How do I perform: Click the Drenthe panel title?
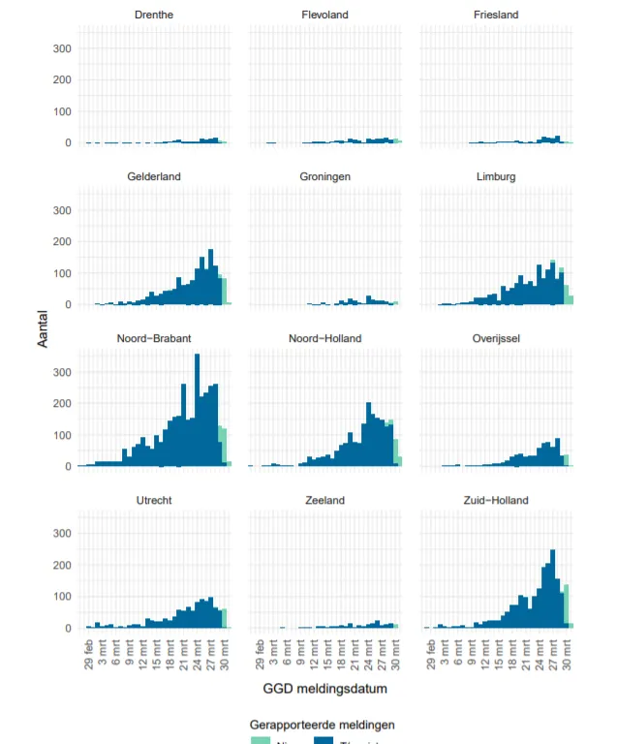(154, 15)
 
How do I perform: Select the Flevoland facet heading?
(325, 15)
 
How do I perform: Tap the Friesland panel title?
(496, 15)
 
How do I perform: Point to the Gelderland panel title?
(154, 176)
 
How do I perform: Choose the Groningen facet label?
(325, 176)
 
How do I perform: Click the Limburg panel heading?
(496, 176)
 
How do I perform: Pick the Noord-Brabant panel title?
(154, 338)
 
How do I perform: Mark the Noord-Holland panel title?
(325, 338)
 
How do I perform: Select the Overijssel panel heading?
(496, 338)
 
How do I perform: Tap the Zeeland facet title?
(325, 500)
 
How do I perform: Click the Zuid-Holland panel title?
(496, 500)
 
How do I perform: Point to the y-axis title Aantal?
(44, 328)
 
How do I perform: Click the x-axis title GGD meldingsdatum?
(324, 690)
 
